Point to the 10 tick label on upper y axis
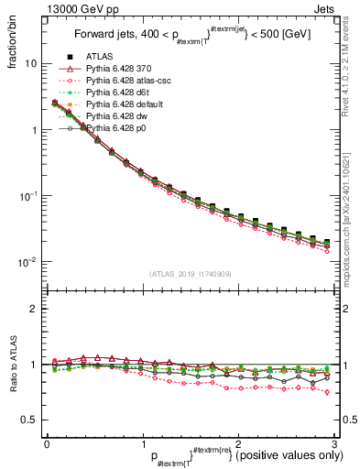point(30,64)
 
